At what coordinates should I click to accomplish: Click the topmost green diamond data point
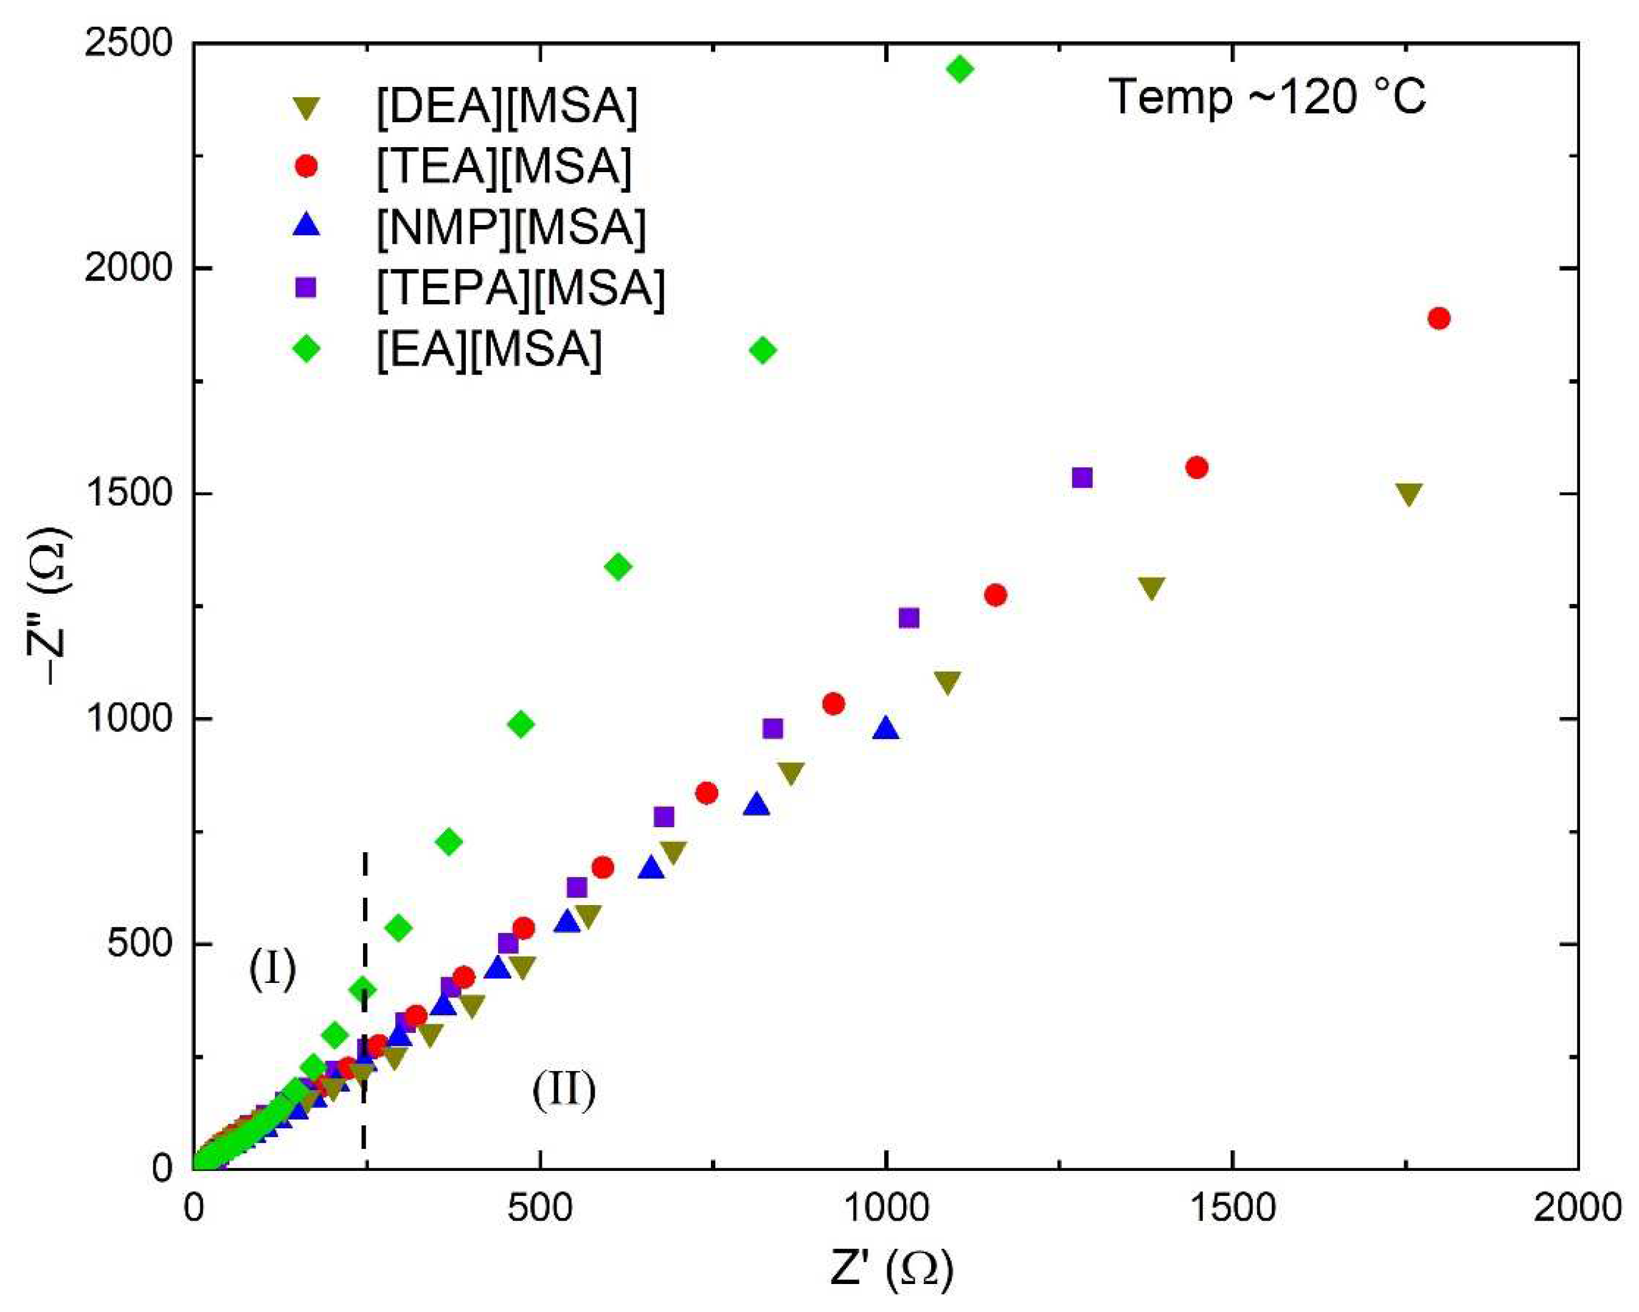click(x=960, y=69)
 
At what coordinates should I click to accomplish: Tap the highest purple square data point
click(x=1082, y=477)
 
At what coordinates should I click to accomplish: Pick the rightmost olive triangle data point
click(x=1409, y=494)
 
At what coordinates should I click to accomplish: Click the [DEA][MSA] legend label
click(x=506, y=106)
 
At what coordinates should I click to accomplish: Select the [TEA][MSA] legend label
click(x=504, y=167)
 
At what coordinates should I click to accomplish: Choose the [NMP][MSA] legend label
click(x=511, y=227)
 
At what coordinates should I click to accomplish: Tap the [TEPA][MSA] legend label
click(x=520, y=288)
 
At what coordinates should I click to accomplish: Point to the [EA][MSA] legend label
click(x=489, y=350)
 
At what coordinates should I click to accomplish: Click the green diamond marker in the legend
click(x=307, y=349)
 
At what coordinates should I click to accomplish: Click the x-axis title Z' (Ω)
click(x=891, y=1268)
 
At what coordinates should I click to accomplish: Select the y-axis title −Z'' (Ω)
click(x=57, y=606)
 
